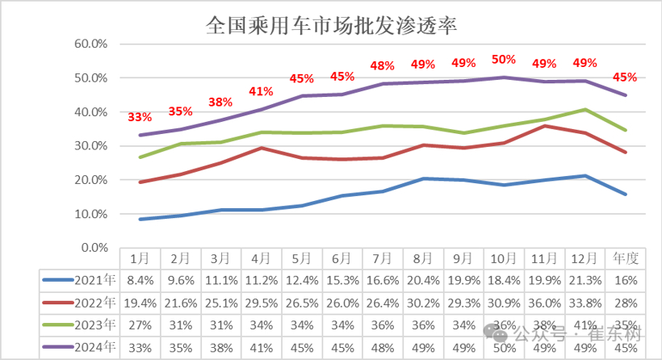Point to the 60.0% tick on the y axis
click(91, 44)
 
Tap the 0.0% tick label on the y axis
click(94, 248)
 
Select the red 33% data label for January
click(140, 117)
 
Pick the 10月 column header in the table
click(504, 258)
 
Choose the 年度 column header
click(626, 258)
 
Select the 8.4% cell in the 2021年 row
click(140, 279)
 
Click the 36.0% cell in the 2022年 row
click(544, 302)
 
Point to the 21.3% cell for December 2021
click(584, 279)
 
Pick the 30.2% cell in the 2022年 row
click(423, 302)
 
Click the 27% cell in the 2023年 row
click(140, 325)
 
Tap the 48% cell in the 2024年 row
click(383, 349)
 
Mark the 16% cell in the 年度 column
click(626, 279)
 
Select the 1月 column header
click(140, 258)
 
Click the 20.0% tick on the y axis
click(91, 180)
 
